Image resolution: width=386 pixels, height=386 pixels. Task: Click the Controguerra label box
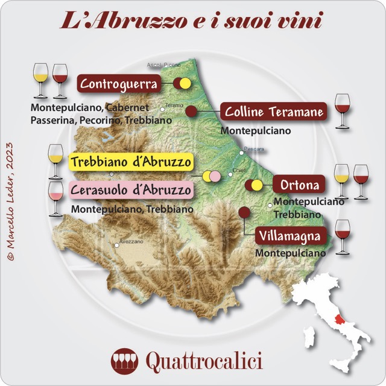coord(119,83)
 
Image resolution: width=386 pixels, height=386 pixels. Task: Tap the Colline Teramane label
coord(274,112)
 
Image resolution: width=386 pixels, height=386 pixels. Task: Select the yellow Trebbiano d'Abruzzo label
coord(130,162)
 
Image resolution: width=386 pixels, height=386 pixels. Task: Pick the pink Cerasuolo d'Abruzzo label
coord(130,191)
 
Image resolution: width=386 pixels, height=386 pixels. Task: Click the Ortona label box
coord(300,183)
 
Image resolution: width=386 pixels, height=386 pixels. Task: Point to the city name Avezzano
coord(131,241)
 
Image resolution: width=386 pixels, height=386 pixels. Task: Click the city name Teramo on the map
coord(174,104)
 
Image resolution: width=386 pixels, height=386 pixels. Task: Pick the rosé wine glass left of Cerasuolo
coord(55,197)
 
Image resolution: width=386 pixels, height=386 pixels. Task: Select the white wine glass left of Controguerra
coord(40,80)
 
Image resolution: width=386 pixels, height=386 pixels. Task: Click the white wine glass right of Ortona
coord(342,180)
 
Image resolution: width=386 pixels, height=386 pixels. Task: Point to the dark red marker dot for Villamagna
coord(244,212)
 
